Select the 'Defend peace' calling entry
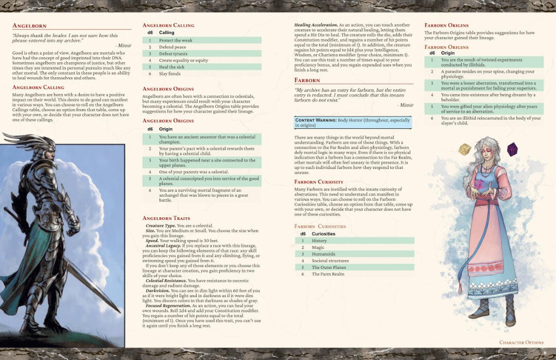[x=172, y=47]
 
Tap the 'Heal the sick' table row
[x=171, y=67]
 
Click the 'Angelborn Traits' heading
[x=166, y=218]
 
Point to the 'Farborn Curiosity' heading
[x=319, y=182]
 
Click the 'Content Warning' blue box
[x=353, y=123]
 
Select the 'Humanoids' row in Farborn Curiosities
[x=323, y=254]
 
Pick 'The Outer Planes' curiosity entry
[x=329, y=267]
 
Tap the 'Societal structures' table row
[x=330, y=261]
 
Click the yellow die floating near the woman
[x=465, y=149]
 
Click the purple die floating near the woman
[x=512, y=149]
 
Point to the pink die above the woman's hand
[x=478, y=184]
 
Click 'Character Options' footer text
[x=521, y=342]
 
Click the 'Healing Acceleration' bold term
[x=316, y=25]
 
